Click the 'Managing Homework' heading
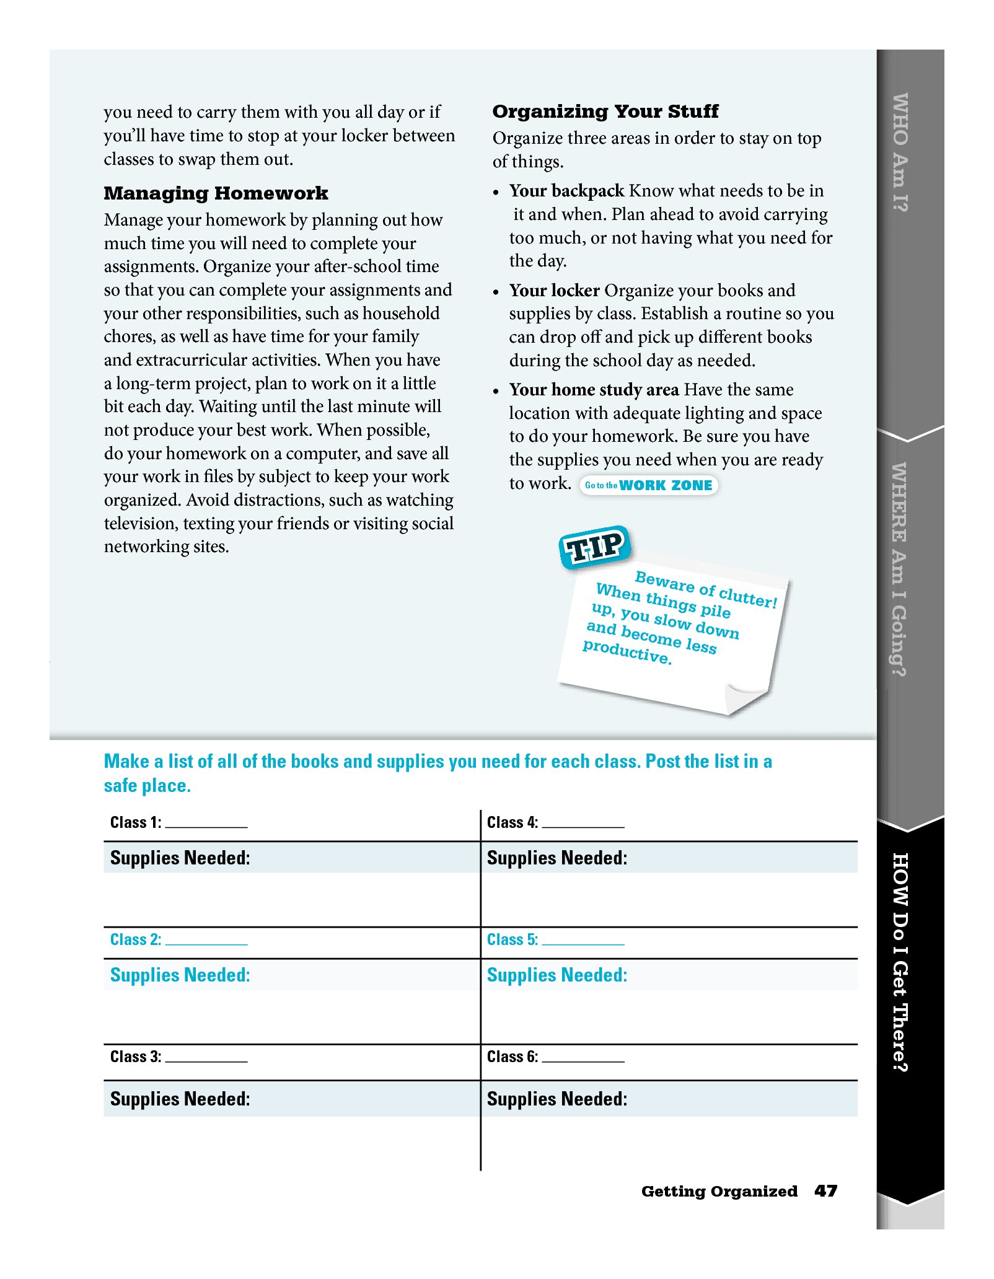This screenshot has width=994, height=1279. pos(216,193)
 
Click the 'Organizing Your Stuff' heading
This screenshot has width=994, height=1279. pos(605,112)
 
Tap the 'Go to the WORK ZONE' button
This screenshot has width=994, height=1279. pos(648,485)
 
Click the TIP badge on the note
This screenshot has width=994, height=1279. pos(594,547)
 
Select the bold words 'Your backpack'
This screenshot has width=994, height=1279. pos(566,191)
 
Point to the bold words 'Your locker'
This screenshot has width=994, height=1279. pos(554,291)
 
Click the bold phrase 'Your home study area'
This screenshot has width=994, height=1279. pos(594,390)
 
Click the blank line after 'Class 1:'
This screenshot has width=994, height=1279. pos(206,824)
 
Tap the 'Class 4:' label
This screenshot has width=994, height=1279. pos(512,822)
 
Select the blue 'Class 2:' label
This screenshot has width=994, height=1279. pos(136,939)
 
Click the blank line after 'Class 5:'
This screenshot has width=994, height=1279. pos(583,941)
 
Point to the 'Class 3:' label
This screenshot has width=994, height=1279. pos(136,1057)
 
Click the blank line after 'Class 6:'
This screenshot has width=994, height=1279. pos(583,1058)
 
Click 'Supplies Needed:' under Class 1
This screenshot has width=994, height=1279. pos(180,858)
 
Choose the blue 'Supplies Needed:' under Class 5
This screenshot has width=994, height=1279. pos(556,975)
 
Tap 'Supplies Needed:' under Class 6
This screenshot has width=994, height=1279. pos(556,1099)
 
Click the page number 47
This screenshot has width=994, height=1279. pos(825,1191)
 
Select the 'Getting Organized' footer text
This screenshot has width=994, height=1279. pos(719,1191)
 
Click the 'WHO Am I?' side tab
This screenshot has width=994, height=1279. pos(900,152)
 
